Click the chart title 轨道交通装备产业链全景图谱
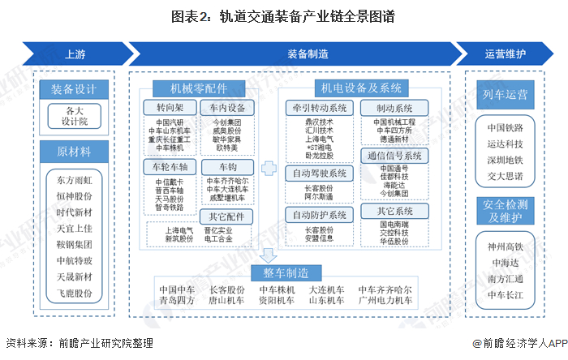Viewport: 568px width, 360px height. [283, 15]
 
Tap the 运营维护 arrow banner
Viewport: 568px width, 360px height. [505, 54]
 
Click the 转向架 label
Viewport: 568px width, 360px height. [169, 107]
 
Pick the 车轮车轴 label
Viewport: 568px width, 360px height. [169, 166]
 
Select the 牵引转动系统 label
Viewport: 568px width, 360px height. [320, 107]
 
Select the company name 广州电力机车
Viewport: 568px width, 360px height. [386, 300]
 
